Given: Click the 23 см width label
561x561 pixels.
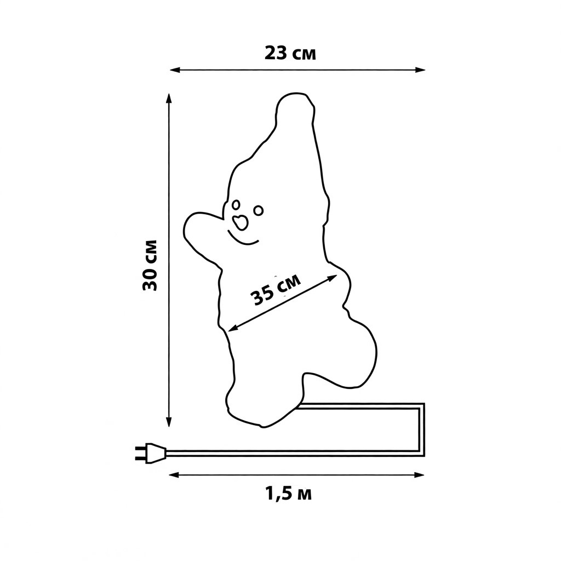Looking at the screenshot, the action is coord(290,54).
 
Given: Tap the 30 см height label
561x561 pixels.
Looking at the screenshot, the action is coord(150,265).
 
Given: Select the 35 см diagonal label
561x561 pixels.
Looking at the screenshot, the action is coord(275,290).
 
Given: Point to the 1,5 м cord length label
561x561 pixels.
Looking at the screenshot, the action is coord(288,494).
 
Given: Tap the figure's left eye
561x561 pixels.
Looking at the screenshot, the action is coord(236,205).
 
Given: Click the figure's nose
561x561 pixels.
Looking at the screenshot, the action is coord(240,222).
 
